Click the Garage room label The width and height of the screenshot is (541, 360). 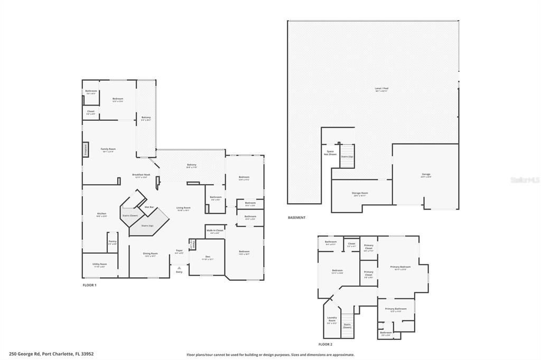click(x=426, y=175)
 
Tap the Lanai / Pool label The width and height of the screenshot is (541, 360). click(x=381, y=89)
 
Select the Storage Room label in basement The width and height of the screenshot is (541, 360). click(x=360, y=194)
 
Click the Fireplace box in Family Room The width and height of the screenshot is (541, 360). click(x=85, y=150)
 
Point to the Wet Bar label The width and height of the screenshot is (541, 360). click(x=150, y=207)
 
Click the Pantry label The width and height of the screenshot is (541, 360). click(x=112, y=242)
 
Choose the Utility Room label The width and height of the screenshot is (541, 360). click(x=100, y=264)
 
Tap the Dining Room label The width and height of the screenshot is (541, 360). click(x=151, y=254)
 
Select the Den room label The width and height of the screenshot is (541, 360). click(x=207, y=257)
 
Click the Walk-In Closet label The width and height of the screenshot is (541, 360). click(x=215, y=231)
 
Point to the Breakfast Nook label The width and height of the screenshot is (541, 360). click(x=142, y=176)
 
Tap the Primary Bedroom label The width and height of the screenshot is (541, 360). click(x=400, y=268)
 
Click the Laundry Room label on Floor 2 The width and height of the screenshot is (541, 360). click(x=332, y=319)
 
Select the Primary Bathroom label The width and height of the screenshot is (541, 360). click(x=396, y=309)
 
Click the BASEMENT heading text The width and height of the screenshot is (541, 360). click(x=296, y=217)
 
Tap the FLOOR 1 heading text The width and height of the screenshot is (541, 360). click(x=89, y=285)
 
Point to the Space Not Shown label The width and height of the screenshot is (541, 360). click(x=331, y=153)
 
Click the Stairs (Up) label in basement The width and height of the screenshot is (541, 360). click(x=347, y=157)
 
